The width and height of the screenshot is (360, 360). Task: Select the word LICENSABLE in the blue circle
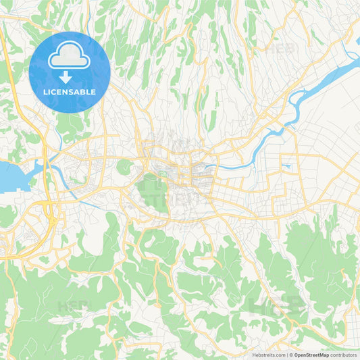tap(70, 92)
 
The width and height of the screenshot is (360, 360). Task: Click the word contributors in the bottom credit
tap(344, 355)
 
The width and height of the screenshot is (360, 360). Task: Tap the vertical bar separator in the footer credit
tap(287, 355)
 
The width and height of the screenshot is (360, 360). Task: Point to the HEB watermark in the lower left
tap(74, 305)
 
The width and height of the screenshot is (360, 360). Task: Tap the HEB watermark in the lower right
tap(277, 305)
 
